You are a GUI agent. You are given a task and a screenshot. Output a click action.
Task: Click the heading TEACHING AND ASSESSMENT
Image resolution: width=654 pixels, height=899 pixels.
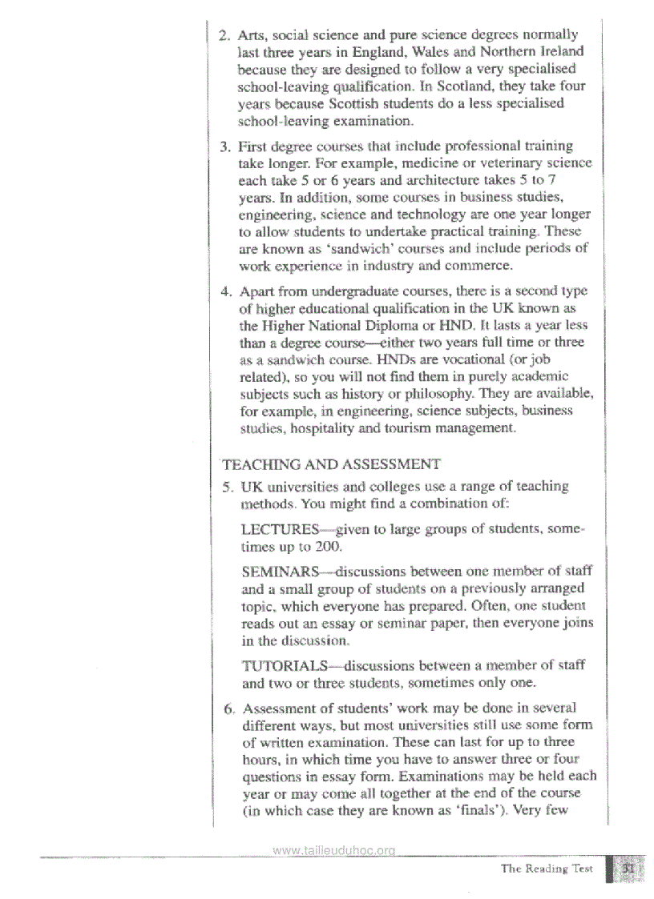point(331,464)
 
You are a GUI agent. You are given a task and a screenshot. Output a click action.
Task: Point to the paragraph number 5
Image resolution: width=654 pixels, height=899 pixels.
point(224,487)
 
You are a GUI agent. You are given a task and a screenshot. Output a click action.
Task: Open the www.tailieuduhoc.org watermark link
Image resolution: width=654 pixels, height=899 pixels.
point(333,851)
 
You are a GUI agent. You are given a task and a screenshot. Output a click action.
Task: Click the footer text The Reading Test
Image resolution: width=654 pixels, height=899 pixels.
point(546,869)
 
